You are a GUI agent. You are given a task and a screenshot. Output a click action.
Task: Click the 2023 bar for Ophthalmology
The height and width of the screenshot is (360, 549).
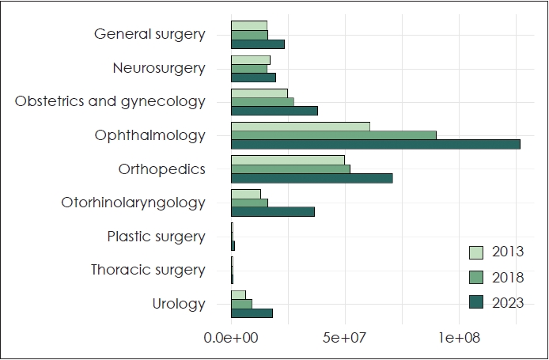point(375,144)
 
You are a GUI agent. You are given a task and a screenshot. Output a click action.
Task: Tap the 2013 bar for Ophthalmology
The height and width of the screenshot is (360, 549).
point(300,127)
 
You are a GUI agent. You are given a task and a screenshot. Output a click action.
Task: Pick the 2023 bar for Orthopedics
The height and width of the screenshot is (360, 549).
point(312,178)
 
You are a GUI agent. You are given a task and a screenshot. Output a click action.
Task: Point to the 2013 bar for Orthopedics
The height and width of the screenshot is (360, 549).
point(288,161)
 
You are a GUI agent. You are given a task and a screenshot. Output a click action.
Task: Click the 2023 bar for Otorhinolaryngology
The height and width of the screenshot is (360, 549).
point(272,211)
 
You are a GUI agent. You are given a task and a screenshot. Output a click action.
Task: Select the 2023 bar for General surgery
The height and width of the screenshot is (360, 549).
point(257,44)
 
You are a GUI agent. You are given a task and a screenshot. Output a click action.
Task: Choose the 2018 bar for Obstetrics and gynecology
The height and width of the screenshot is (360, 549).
point(262,101)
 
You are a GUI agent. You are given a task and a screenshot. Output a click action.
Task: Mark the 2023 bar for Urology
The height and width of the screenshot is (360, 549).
point(252,313)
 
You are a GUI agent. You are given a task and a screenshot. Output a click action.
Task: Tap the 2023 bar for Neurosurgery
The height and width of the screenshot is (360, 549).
point(253,78)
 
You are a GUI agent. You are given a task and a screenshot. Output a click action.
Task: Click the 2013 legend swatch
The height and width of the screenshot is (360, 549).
point(477,252)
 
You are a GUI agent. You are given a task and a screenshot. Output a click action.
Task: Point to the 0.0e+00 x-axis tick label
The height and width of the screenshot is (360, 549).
point(231,338)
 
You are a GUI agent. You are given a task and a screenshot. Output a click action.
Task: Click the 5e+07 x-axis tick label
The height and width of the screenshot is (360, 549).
point(346,338)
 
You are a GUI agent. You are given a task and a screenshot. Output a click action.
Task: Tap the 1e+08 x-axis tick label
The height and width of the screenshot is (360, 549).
point(460,338)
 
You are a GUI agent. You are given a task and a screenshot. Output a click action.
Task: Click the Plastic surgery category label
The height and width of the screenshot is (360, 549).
point(157,237)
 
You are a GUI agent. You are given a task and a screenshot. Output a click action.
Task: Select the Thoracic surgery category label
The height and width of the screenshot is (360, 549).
point(148,270)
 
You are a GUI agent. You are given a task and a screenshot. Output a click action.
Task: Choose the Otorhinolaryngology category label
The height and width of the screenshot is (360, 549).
point(134,203)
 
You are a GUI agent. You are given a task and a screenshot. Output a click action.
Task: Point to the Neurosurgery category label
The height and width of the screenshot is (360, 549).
point(159,68)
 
